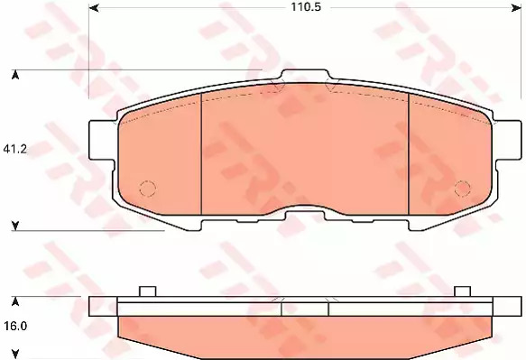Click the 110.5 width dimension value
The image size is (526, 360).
306,6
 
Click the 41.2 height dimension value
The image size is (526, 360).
14,149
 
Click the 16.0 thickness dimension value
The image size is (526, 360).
15,326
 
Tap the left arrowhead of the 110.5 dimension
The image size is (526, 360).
94,7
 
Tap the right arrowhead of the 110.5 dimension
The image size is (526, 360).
516,7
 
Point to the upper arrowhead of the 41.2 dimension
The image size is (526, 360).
14,75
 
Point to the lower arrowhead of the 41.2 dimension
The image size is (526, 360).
14,226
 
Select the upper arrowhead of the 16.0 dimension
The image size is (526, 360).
14,302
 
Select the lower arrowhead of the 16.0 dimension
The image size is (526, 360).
14,354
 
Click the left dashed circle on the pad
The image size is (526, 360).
148,189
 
